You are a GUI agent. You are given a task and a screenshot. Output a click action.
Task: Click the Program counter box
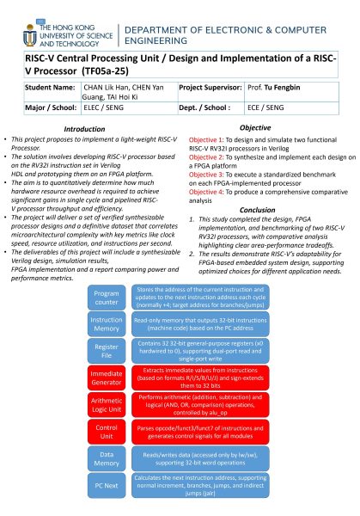tap(107, 298)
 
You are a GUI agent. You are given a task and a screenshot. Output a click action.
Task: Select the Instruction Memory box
tap(107, 324)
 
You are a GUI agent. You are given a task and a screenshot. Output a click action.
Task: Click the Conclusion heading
tap(258, 209)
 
